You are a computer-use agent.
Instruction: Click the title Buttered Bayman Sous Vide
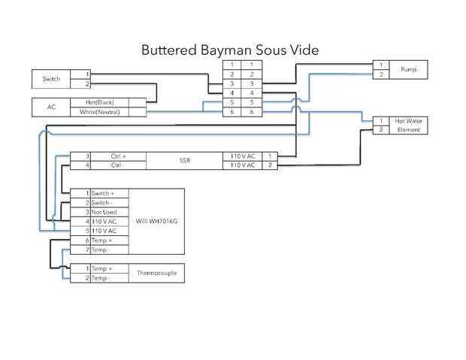230,50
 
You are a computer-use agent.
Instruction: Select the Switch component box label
51,79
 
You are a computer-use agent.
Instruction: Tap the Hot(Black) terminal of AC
99,102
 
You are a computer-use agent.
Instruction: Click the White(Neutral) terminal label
99,112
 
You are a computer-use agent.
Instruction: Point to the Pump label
408,70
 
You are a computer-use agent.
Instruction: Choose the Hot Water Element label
408,126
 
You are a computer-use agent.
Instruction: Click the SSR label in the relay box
185,160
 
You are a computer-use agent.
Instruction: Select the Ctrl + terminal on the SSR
119,156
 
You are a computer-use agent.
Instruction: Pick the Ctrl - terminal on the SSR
119,165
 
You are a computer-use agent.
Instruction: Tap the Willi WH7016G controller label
156,222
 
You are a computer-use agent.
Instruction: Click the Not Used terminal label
105,213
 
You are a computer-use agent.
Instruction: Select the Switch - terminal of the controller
105,203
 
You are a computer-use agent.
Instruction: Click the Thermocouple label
157,274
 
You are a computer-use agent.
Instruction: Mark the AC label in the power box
51,107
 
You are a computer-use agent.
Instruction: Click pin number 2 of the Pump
382,74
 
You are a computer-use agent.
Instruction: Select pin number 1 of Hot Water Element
382,120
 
